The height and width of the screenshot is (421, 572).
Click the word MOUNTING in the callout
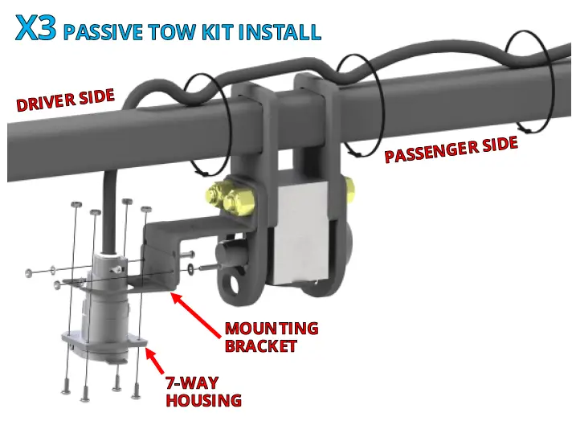pyautogui.click(x=272, y=329)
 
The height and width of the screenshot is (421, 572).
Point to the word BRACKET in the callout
pyautogui.click(x=261, y=346)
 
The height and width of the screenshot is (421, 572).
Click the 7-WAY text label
pyautogui.click(x=192, y=382)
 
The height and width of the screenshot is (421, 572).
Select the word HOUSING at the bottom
pyautogui.click(x=204, y=399)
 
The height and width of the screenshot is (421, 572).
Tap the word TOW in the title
pyautogui.click(x=161, y=32)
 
